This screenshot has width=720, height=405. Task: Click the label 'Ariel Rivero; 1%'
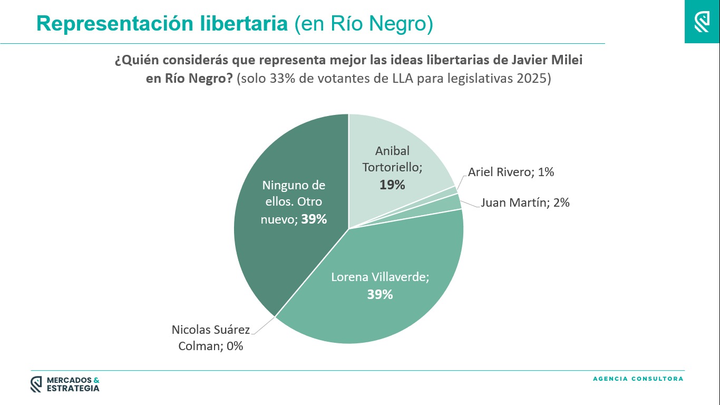tap(511, 172)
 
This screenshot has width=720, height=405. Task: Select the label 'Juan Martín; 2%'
tap(525, 202)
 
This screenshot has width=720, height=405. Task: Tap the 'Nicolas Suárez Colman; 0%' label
tap(210, 338)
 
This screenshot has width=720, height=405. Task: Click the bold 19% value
tap(392, 185)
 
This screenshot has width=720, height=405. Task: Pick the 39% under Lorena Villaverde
tap(380, 294)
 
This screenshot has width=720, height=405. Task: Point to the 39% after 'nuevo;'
tap(314, 219)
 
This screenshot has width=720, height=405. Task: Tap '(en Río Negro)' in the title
tap(364, 24)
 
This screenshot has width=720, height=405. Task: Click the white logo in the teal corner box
tap(702, 22)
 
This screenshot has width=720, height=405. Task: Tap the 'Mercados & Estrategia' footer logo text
tap(73, 384)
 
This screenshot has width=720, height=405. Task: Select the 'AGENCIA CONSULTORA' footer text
tap(638, 379)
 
